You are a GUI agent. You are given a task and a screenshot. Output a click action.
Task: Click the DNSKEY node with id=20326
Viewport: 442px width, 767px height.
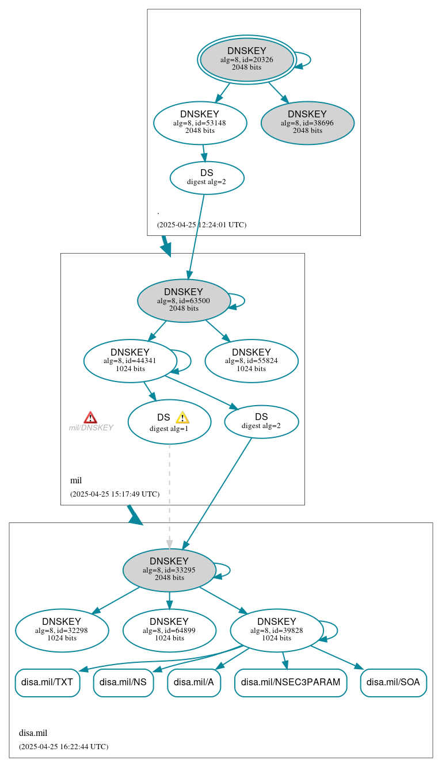pos(246,59)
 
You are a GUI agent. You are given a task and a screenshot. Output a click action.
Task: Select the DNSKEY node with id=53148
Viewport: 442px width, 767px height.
pos(200,123)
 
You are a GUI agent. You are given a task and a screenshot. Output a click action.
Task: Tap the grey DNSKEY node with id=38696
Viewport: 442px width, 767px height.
pos(307,123)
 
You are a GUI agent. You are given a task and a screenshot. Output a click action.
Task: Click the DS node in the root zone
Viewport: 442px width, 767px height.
pos(207,177)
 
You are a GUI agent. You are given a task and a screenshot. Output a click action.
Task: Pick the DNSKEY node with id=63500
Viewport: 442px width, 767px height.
pos(184,300)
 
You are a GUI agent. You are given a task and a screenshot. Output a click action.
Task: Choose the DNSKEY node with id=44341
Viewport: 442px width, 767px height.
pos(130,361)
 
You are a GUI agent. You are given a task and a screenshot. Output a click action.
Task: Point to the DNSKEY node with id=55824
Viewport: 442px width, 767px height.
pos(251,361)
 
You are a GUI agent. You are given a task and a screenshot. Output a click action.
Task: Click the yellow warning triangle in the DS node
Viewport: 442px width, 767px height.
pos(182,417)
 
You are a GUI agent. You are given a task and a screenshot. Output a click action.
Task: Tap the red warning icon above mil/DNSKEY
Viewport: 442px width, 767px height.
pos(90,417)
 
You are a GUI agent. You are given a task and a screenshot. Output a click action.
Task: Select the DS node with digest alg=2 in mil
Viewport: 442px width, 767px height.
pos(261,421)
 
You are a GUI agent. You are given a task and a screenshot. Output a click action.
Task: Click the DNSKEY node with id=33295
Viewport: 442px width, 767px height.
pos(169,570)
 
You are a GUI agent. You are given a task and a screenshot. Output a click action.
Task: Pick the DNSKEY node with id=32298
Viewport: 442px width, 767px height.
pos(62,630)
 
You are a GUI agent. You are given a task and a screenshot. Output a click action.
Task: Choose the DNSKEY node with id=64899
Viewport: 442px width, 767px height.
pos(169,630)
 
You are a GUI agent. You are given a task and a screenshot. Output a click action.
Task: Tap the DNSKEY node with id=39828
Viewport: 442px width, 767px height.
pos(276,630)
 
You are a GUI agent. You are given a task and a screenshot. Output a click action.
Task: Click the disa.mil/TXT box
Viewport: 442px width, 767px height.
pos(47,682)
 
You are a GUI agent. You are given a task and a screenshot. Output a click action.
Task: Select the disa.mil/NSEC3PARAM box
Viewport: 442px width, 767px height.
pos(291,682)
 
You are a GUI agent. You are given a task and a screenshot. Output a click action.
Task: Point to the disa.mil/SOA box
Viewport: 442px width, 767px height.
pos(393,682)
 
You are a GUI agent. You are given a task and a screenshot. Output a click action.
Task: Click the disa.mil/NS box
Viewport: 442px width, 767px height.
pos(123,682)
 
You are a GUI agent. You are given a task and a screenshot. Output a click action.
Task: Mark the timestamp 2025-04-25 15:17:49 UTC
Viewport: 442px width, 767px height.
pos(115,494)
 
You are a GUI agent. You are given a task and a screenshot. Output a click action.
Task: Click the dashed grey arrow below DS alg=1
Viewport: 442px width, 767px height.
pos(169,495)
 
